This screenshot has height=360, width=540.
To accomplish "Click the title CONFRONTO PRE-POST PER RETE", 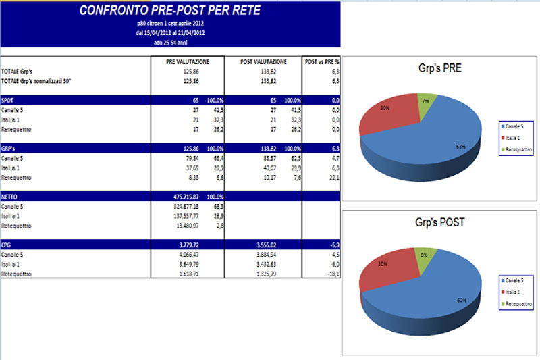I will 169,10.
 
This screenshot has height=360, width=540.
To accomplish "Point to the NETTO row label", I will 10,196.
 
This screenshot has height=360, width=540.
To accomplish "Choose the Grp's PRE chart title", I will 439,68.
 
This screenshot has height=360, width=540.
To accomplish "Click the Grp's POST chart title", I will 439,221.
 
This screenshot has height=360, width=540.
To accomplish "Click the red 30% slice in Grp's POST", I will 385,270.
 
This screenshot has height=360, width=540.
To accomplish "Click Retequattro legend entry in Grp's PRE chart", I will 517,149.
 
